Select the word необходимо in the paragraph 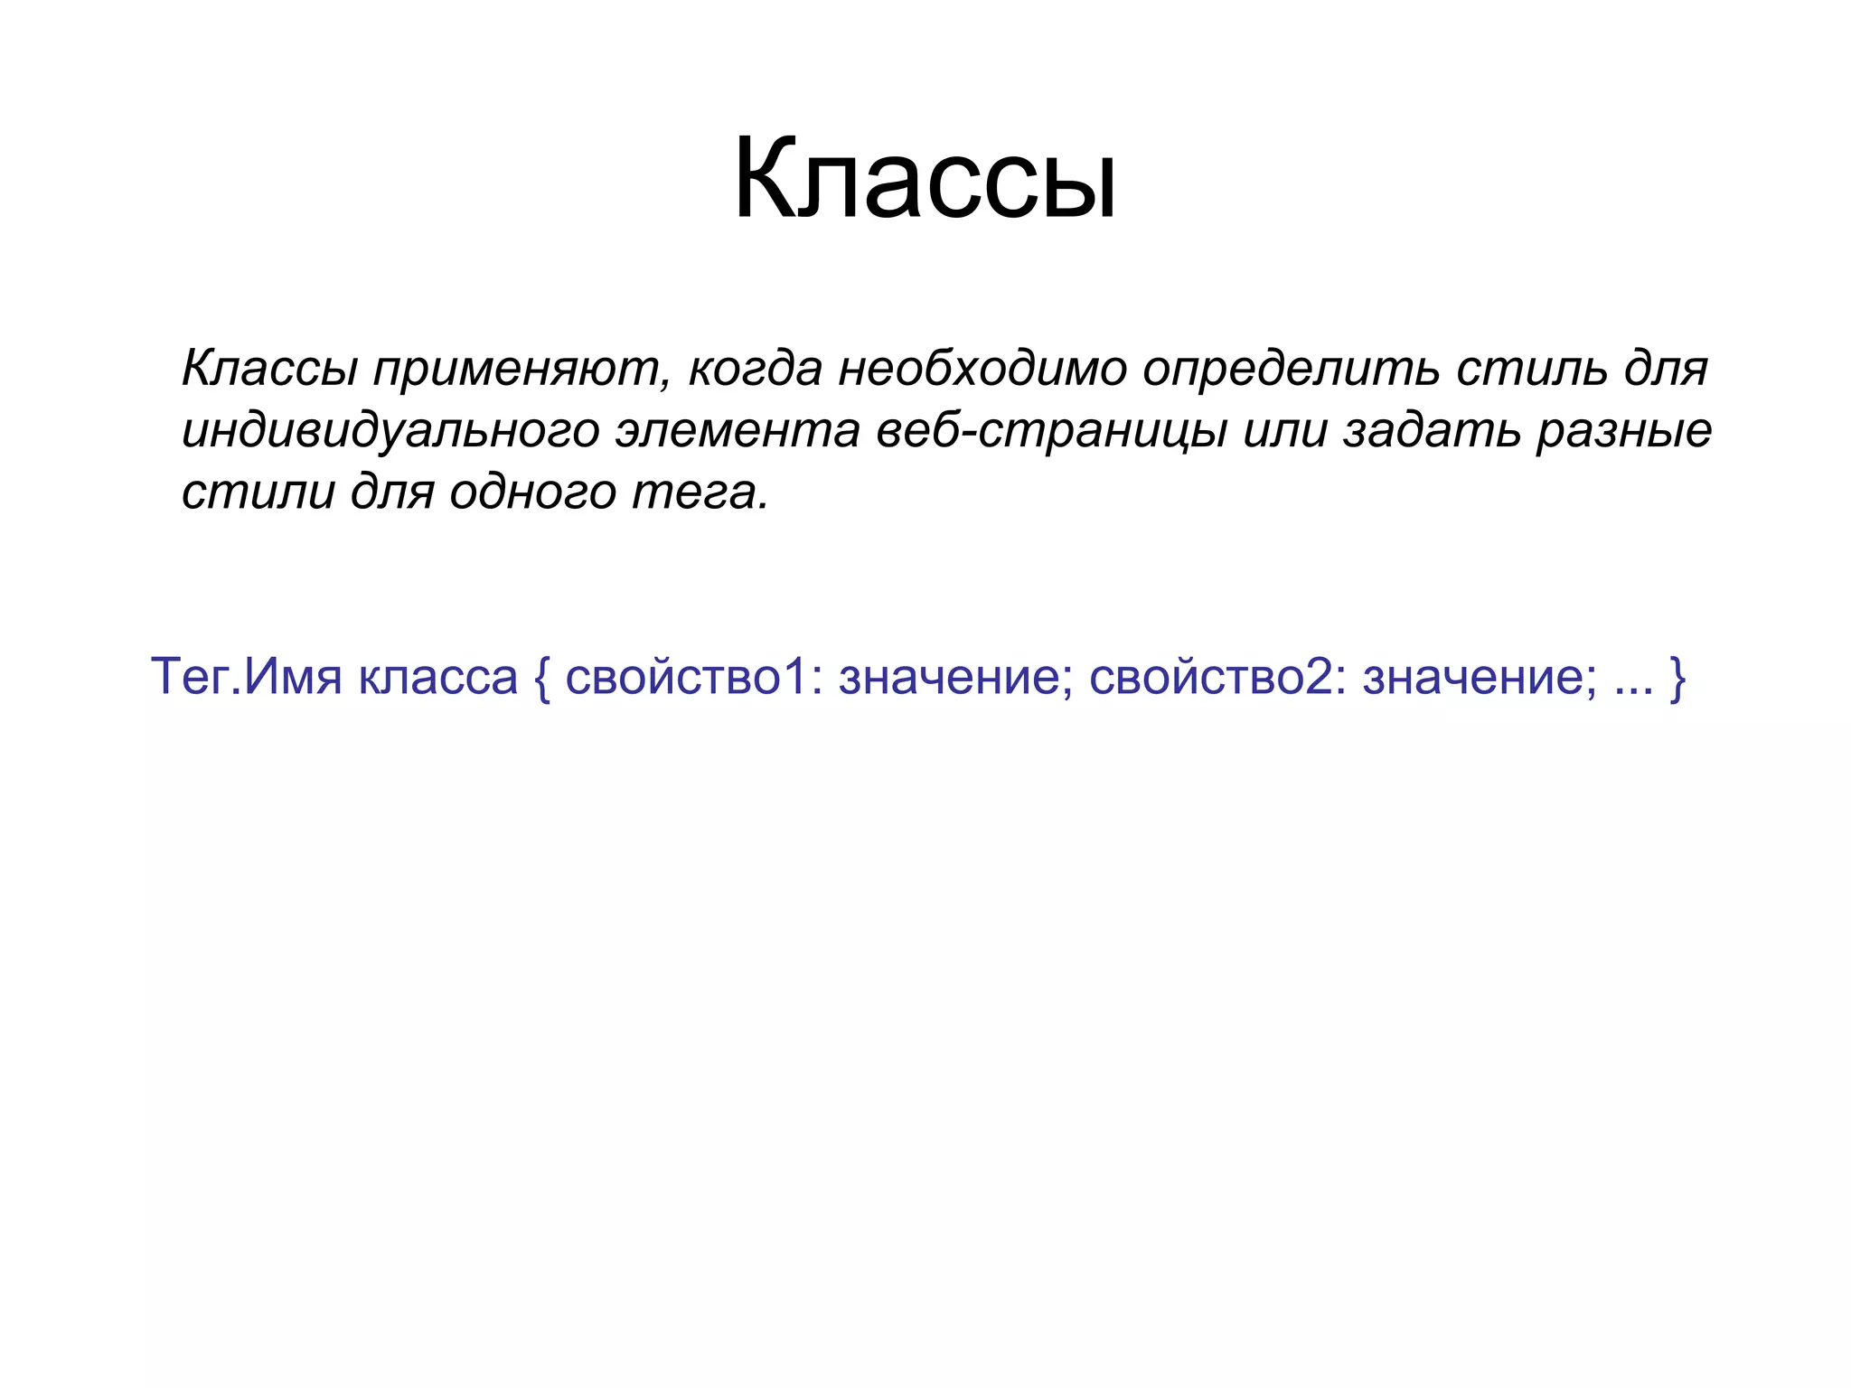tap(982, 368)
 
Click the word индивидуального tap(390, 431)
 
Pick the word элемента tap(737, 431)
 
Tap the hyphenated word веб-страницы tap(1051, 431)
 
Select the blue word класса tap(437, 677)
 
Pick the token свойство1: tap(694, 677)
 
